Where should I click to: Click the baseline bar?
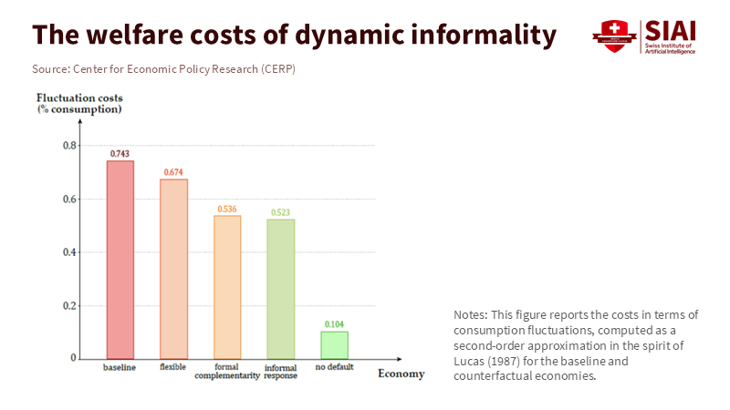pos(120,260)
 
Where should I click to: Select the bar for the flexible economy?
pos(173,269)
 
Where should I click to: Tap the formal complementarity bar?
pos(227,287)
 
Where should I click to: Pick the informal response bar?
pos(281,289)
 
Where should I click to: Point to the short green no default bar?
pos(335,344)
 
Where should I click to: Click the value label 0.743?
pos(120,154)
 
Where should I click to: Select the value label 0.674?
pos(173,172)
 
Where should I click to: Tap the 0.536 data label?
pos(227,210)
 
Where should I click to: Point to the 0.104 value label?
pos(335,324)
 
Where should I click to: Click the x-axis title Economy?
pos(401,374)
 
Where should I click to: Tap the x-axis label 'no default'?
pos(335,367)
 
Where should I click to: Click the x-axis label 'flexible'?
pos(173,367)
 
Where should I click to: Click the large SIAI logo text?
pos(671,30)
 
